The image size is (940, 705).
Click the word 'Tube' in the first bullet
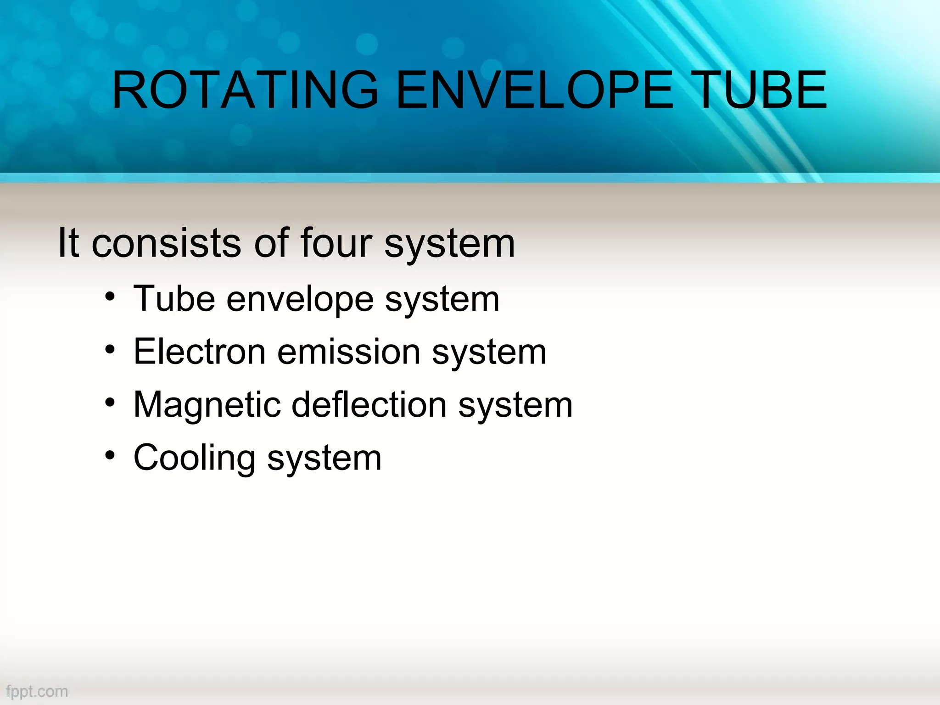pos(174,299)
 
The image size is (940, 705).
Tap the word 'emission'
pos(349,352)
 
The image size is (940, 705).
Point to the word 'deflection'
pos(369,405)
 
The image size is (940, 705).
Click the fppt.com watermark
pos(37,691)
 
